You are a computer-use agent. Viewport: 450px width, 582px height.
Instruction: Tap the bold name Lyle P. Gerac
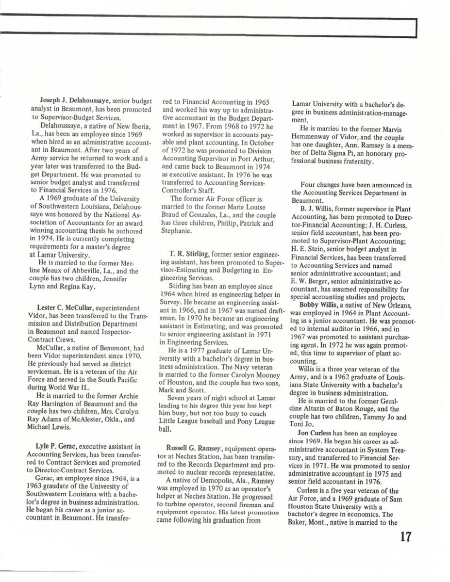point(56,447)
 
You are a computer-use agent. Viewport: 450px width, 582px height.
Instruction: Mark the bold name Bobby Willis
point(316,304)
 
